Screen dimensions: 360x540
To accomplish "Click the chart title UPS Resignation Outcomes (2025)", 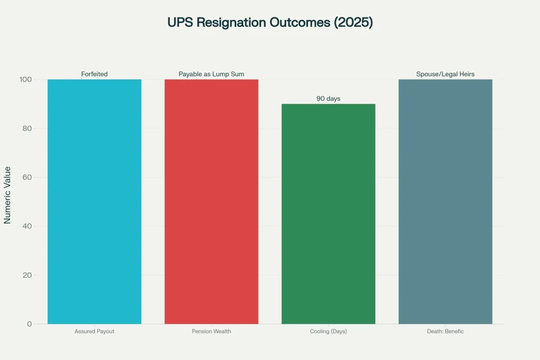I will point(270,23).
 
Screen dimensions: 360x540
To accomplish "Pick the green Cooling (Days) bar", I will point(329,213).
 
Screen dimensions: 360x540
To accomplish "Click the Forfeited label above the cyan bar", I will point(94,74).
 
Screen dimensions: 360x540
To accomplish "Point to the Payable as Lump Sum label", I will point(211,74).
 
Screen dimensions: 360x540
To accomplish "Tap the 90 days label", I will point(329,99).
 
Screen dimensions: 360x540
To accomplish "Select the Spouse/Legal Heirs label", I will point(445,74).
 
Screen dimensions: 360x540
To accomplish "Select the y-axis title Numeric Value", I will point(7,202).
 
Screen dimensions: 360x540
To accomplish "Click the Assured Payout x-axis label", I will point(94,332).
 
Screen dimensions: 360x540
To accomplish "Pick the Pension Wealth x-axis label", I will point(211,332).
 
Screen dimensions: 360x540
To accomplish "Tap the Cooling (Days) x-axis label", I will point(329,332).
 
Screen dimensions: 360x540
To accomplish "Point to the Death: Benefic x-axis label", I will point(445,332).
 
